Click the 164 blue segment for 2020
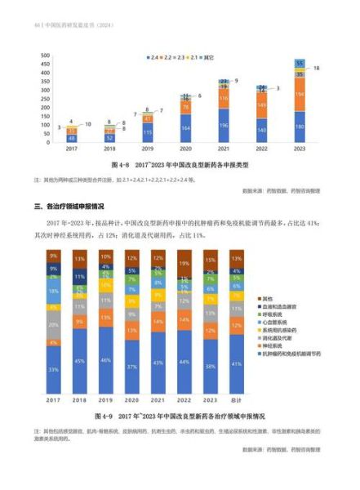click(x=186, y=128)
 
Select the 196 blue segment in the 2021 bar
click(x=224, y=125)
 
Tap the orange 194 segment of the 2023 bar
click(x=300, y=96)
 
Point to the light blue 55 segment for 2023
click(x=300, y=63)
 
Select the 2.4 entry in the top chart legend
click(x=153, y=58)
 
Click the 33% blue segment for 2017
click(x=53, y=370)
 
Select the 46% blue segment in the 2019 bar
click(x=105, y=359)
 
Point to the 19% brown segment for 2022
click(x=184, y=264)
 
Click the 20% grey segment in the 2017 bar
click(x=53, y=324)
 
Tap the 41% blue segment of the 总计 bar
click(x=236, y=363)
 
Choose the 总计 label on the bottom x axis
click(x=236, y=400)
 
